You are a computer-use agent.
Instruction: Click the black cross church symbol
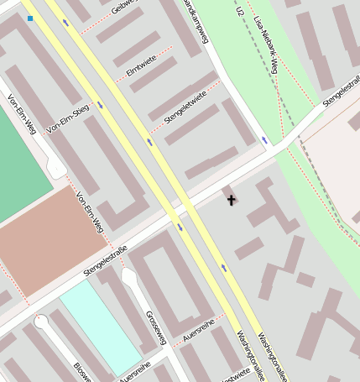pyautogui.click(x=231, y=200)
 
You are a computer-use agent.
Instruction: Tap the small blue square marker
pyautogui.click(x=30, y=18)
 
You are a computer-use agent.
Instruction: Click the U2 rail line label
pyautogui.click(x=240, y=13)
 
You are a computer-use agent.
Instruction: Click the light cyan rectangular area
pyautogui.click(x=99, y=328)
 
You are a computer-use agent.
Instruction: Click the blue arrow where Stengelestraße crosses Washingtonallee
pyautogui.click(x=180, y=227)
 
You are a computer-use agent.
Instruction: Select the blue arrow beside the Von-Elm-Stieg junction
pyautogui.click(x=101, y=105)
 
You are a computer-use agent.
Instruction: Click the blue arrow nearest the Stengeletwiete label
pyautogui.click(x=150, y=141)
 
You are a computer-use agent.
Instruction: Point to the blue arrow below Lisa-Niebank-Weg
pyautogui.click(x=264, y=139)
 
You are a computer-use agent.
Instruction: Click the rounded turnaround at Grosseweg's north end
pyautogui.click(x=128, y=275)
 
